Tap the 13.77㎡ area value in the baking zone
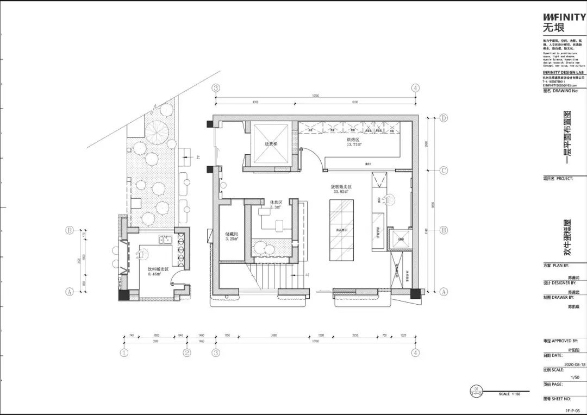coord(354,145)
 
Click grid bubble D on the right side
coord(444,117)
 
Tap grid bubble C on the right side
coord(444,171)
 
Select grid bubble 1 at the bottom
coord(124,353)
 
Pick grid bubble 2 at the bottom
coord(187,353)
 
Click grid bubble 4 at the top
coord(415,87)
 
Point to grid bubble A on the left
coord(69,292)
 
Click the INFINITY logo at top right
coord(564,17)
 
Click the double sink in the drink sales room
coord(165,240)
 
